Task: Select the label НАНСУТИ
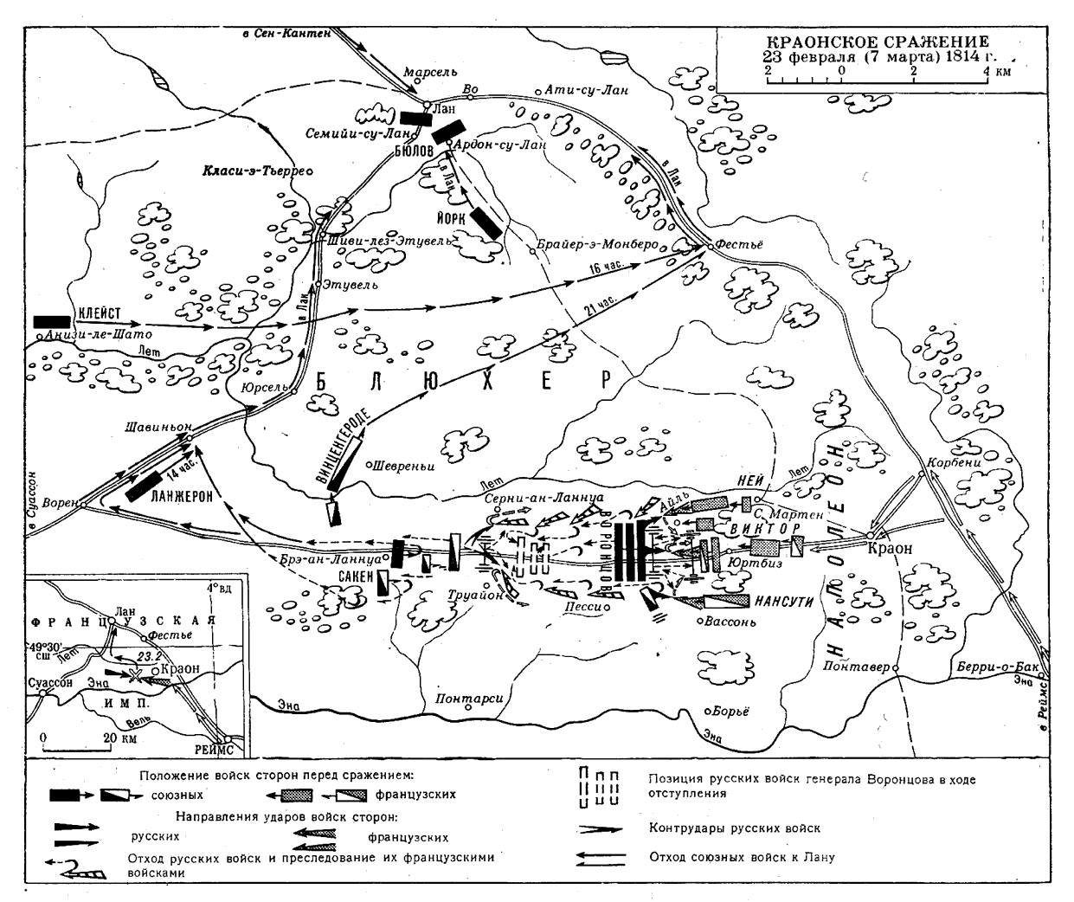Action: [x=784, y=601]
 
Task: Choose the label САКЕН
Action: [x=357, y=575]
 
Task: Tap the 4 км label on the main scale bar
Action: [x=996, y=72]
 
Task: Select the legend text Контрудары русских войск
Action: [x=735, y=828]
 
